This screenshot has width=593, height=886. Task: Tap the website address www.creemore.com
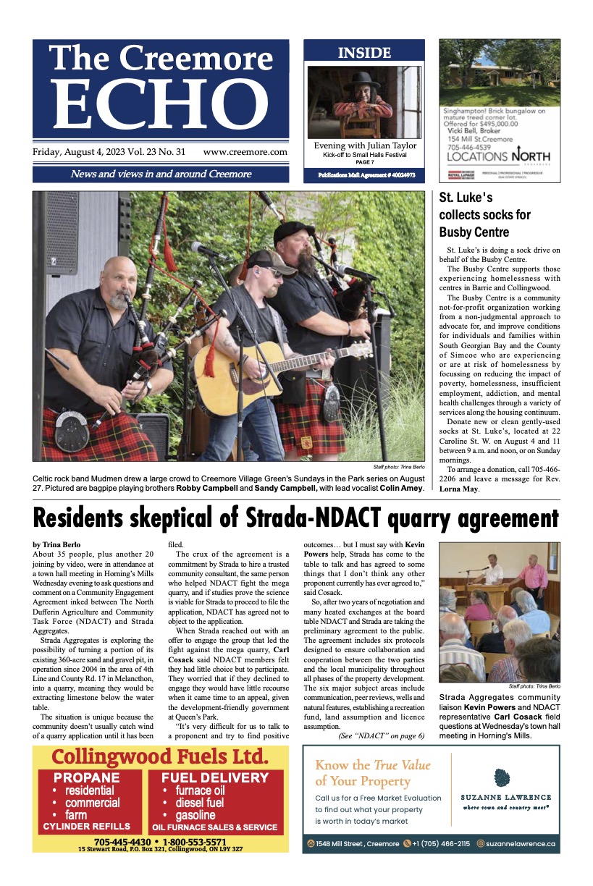click(x=245, y=152)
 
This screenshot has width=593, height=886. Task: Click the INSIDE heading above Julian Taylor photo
click(x=364, y=53)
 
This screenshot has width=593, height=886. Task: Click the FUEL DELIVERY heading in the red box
click(x=215, y=778)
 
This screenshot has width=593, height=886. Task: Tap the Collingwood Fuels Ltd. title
click(x=160, y=757)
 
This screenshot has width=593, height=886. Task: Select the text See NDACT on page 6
click(x=381, y=735)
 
